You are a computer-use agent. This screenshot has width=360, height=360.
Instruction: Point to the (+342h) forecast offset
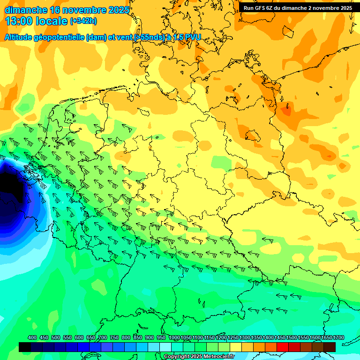83,21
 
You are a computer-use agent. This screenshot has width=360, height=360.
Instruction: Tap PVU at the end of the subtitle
192,37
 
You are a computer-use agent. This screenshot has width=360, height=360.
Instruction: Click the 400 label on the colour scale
32,337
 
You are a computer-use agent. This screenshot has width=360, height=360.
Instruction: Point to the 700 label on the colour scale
103,337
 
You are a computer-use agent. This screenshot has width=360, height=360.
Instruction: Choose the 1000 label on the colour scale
174,337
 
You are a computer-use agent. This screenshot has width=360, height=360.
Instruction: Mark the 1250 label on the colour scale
233,337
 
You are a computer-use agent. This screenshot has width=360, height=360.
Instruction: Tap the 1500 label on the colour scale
292,337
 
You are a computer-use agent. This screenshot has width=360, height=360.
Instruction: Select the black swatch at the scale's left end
25,347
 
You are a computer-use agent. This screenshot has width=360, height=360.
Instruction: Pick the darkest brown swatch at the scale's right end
330,347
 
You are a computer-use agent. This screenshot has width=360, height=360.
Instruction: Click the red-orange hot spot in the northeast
285,110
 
